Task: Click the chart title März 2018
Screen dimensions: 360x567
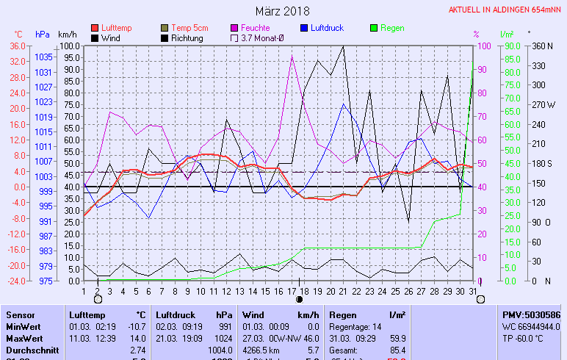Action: [283, 11]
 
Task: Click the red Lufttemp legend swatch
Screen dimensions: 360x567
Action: [94, 28]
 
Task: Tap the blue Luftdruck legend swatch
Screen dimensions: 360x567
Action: [306, 28]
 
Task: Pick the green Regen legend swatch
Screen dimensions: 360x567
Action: [375, 28]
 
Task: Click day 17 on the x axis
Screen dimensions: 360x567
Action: [292, 291]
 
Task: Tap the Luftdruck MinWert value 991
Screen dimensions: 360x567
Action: [224, 326]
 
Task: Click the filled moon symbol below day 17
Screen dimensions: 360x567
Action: [299, 300]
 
